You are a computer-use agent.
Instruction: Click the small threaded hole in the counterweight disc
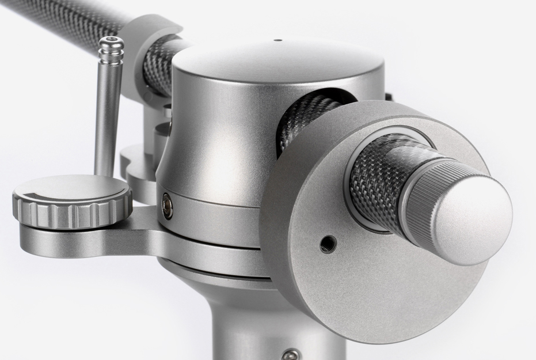point(328,244)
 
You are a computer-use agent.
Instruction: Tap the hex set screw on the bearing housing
point(168,205)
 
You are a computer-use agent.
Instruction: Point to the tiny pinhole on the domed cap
point(278,41)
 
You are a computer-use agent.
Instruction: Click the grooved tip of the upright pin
point(111,50)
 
